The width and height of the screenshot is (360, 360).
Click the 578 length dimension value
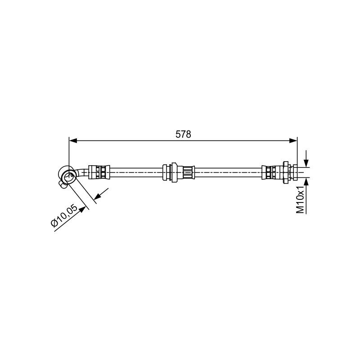(183, 134)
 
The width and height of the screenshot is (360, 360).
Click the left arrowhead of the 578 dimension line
(73, 141)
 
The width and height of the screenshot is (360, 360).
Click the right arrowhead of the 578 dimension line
(293, 141)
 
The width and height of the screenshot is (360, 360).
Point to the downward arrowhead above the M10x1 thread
(306, 163)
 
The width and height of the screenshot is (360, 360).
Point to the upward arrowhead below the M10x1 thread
(306, 181)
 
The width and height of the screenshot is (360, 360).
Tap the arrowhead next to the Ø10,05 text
(82, 210)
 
